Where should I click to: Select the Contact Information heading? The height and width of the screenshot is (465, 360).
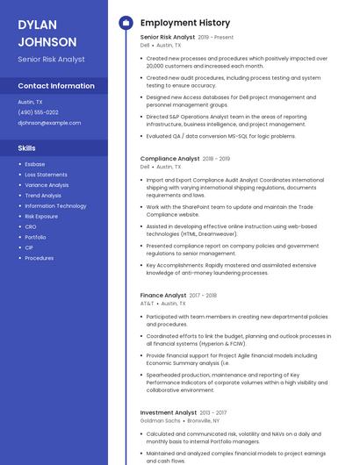click(56, 86)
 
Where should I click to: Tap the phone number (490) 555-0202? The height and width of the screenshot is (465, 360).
click(38, 112)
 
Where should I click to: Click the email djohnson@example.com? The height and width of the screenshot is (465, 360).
click(49, 123)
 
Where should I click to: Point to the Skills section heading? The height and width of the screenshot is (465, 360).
click(27, 148)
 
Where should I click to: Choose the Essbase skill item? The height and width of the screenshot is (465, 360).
click(34, 164)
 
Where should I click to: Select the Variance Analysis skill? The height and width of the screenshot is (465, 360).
click(47, 185)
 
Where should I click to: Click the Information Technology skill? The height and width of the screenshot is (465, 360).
click(55, 205)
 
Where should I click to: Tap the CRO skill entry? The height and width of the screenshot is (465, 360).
click(31, 226)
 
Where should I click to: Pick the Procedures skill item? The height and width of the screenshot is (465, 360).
click(39, 258)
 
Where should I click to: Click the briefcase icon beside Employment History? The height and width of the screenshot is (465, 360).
click(125, 23)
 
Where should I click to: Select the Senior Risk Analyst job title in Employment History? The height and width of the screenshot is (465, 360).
click(168, 38)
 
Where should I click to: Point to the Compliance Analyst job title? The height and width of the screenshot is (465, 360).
click(169, 159)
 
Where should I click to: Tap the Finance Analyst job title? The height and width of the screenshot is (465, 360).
click(163, 296)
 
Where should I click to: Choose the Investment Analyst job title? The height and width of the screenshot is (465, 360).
click(169, 412)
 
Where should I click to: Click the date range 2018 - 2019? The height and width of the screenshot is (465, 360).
click(216, 159)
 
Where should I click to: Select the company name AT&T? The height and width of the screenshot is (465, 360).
click(147, 304)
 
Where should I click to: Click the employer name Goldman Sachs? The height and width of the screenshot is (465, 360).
click(160, 420)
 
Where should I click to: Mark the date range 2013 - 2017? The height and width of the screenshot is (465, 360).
click(213, 412)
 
